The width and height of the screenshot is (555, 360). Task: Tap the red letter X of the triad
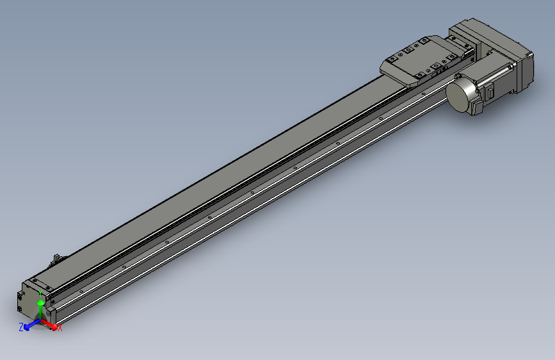(60, 329)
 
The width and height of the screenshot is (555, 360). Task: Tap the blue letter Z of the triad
(20, 327)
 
